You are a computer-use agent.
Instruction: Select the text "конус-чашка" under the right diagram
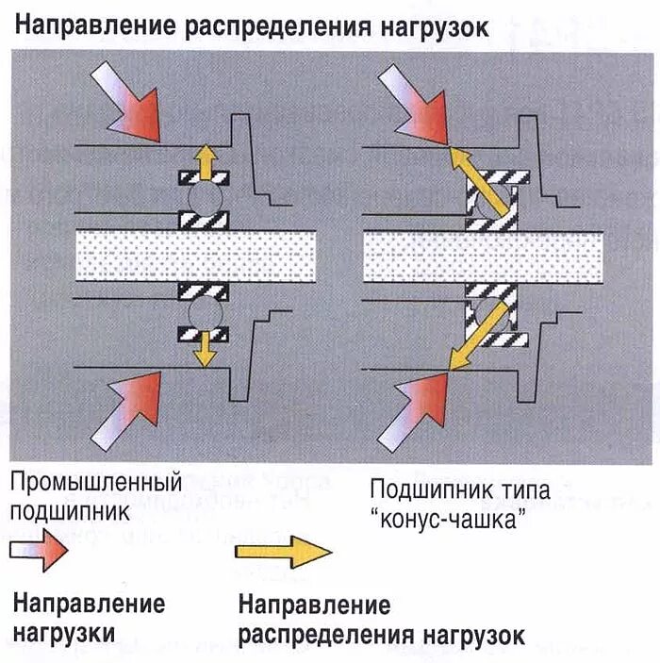[x=447, y=520]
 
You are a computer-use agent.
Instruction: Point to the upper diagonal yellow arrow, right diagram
[x=476, y=179]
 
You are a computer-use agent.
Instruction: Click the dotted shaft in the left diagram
[x=193, y=255]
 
